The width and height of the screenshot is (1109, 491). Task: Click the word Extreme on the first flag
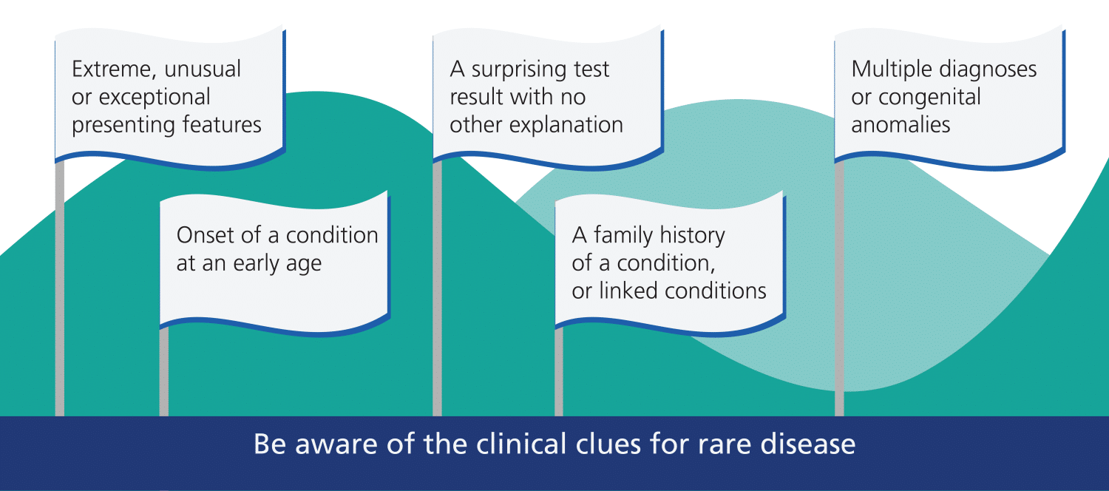click(115, 70)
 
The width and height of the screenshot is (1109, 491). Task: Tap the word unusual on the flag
click(203, 69)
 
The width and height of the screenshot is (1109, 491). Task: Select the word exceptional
click(155, 98)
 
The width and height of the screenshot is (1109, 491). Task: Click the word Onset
click(205, 235)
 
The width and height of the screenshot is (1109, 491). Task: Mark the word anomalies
click(901, 124)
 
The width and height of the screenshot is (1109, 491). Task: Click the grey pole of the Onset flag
click(164, 372)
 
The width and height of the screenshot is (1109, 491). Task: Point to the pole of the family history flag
click(559, 372)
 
